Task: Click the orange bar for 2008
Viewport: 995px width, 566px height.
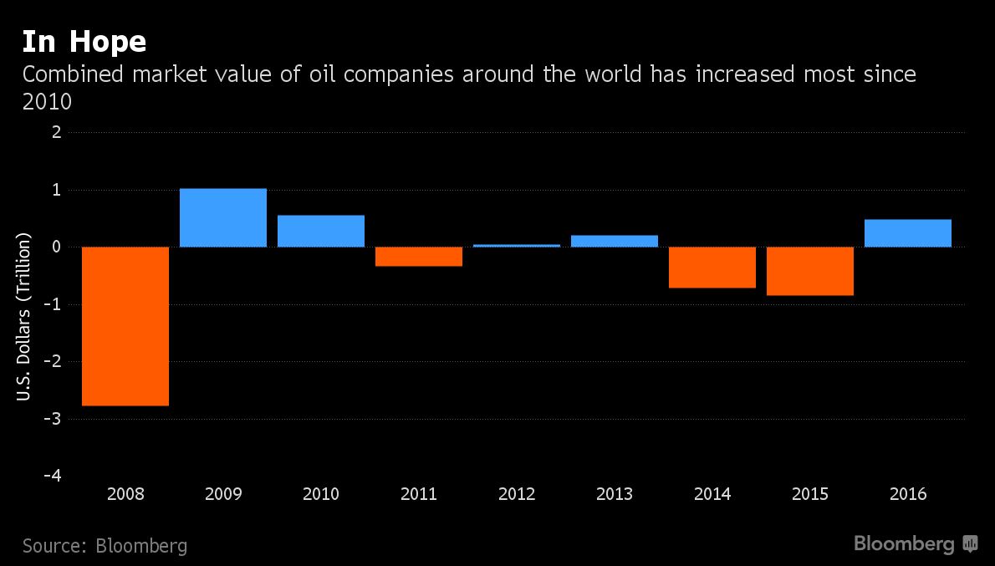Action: coord(125,326)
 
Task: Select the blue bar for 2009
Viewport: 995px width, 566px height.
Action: coord(223,217)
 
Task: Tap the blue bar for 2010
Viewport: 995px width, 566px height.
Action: coord(321,231)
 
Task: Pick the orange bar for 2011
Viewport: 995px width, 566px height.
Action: coord(419,257)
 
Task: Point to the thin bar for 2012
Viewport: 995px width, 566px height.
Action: coord(517,245)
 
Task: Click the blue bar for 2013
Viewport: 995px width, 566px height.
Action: coord(615,241)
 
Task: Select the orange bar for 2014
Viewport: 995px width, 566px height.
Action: coord(712,268)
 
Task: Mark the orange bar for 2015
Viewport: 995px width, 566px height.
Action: coord(810,271)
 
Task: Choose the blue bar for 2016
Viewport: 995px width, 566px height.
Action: coord(908,233)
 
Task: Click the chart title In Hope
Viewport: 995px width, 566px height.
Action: coord(84,42)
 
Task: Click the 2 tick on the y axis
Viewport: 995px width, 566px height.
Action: coord(56,132)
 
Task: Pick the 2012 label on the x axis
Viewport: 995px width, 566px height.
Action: coord(517,494)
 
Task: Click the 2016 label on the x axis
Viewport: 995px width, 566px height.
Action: coord(908,494)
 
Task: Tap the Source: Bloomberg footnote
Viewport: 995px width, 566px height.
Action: coord(105,546)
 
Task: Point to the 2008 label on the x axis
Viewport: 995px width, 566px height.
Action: coord(125,494)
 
